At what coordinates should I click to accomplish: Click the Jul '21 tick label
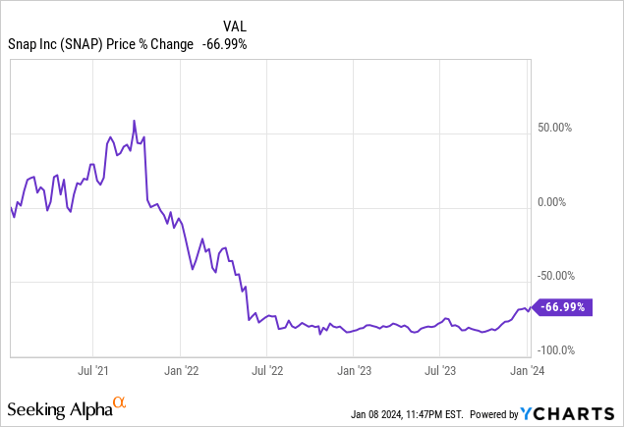(92, 370)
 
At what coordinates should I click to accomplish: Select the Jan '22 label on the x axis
(180, 370)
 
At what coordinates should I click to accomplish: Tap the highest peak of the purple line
(134, 122)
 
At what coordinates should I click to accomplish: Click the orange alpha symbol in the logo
(119, 401)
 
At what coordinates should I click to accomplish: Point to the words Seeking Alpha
(58, 406)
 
